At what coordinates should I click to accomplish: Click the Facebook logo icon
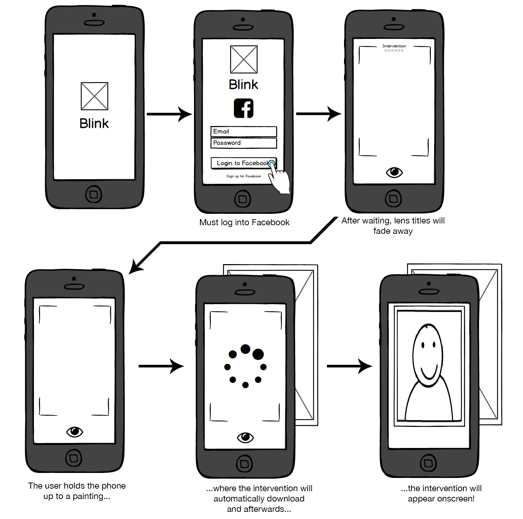coord(244,108)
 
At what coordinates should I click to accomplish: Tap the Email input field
coord(244,131)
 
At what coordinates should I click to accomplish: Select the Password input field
coord(244,143)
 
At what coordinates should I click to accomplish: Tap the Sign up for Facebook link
coord(244,176)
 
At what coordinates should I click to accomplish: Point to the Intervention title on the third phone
coord(394,46)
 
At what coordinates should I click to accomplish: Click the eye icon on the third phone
coord(394,173)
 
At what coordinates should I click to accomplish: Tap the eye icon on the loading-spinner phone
coord(245,437)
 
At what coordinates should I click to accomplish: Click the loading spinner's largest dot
coord(258,354)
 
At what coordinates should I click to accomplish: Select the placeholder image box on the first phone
coord(94,96)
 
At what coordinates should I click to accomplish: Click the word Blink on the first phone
coord(94,124)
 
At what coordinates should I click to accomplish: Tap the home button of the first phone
coord(94,195)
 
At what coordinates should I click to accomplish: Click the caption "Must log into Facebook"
coord(244,222)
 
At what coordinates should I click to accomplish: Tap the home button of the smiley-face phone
coord(429,463)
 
